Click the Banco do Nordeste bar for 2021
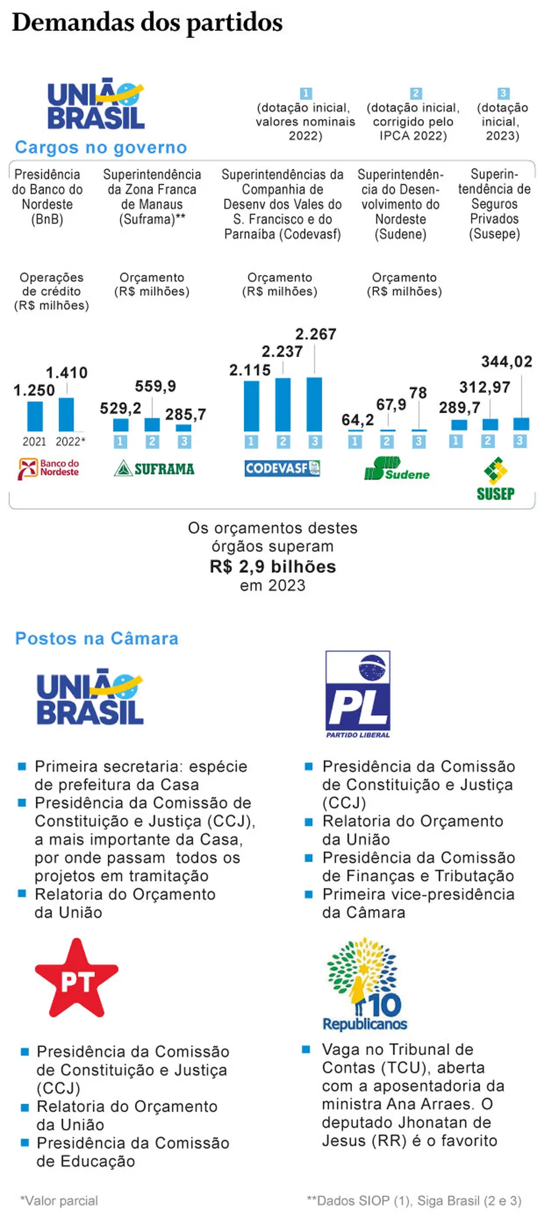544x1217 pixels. click(35, 416)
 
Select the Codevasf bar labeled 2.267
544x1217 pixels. click(314, 404)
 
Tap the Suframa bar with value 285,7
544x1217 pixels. click(184, 428)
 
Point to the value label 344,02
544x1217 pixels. click(506, 361)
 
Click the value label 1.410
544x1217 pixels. click(66, 373)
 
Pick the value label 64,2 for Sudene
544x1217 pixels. click(357, 420)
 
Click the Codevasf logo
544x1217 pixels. click(282, 468)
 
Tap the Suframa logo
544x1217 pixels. click(154, 468)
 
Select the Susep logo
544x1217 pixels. click(496, 479)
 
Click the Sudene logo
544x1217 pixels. click(397, 469)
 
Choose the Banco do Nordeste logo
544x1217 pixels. click(49, 469)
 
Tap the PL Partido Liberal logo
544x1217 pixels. click(358, 694)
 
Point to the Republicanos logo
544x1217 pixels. click(364, 984)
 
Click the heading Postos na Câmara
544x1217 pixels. click(97, 638)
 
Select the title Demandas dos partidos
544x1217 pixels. click(147, 22)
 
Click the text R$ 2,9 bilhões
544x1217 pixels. click(273, 566)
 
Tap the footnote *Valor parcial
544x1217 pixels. click(59, 1200)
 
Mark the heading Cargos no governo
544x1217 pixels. click(101, 147)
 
